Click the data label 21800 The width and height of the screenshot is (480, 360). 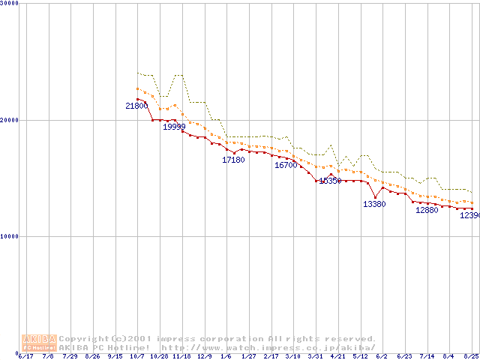(x=136, y=106)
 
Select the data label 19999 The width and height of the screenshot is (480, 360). (x=174, y=127)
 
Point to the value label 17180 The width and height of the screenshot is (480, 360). (x=233, y=160)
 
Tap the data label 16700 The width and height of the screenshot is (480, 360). (x=286, y=165)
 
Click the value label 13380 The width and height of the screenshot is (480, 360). (x=374, y=204)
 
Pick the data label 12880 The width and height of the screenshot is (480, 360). (x=427, y=210)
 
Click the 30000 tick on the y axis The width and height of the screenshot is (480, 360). (x=10, y=3)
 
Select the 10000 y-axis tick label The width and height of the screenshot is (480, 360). (x=10, y=236)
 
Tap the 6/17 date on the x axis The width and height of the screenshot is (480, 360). (x=26, y=356)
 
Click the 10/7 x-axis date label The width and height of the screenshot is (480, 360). (x=138, y=356)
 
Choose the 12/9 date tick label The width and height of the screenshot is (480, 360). (x=204, y=356)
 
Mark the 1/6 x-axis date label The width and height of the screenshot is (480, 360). (x=226, y=356)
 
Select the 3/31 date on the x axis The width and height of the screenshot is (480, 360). (x=316, y=356)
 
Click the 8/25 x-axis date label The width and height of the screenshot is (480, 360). (x=471, y=356)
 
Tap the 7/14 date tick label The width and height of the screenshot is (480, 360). (x=427, y=356)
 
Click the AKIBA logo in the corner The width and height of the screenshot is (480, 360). (x=39, y=342)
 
